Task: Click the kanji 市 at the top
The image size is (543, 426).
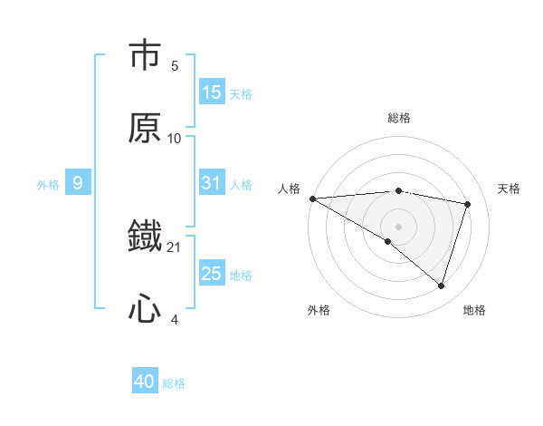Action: point(145,56)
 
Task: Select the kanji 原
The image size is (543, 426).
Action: point(145,127)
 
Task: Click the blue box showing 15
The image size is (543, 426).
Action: point(212,92)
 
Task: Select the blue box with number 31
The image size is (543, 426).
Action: point(212,183)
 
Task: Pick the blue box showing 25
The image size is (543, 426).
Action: point(212,274)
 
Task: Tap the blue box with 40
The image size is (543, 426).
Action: point(145,382)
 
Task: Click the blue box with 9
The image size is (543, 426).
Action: point(78,183)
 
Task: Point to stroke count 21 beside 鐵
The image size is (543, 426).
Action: point(175,247)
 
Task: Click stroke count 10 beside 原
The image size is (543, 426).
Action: point(175,138)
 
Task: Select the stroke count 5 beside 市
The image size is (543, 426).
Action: point(175,65)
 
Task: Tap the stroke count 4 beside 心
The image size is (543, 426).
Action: point(175,319)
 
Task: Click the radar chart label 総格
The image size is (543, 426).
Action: point(399,118)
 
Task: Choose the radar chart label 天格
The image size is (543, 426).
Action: point(510,189)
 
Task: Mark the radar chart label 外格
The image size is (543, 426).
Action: point(318,310)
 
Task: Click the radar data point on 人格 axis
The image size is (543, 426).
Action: point(312,198)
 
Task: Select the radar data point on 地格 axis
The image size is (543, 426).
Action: point(442,286)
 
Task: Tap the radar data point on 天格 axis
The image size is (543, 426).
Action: point(468,204)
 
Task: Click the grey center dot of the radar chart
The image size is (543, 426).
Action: point(399,226)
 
